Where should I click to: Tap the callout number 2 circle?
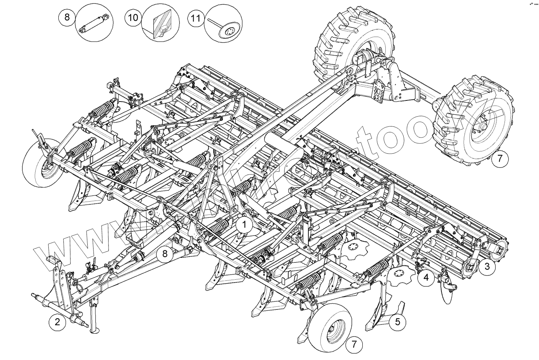pos(57,322)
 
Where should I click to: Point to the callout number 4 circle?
pos(426,278)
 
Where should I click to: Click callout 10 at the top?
pos(132,17)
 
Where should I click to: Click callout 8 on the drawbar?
pos(165,254)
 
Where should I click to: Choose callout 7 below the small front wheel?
pos(354,344)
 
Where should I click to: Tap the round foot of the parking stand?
pos(95,331)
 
